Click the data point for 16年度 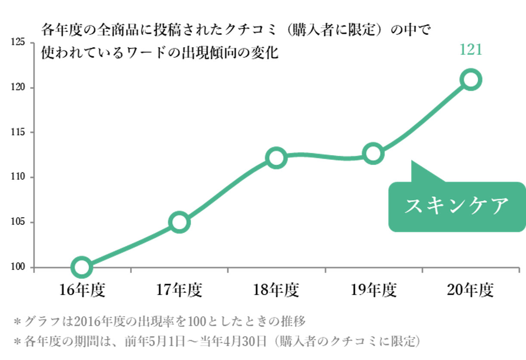pyautogui.click(x=81, y=267)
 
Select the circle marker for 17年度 pyautogui.click(x=179, y=222)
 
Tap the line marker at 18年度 pyautogui.click(x=276, y=158)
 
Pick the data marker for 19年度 pyautogui.click(x=373, y=154)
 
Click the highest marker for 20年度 pyautogui.click(x=470, y=80)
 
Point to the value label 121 pyautogui.click(x=470, y=49)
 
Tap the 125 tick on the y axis pyautogui.click(x=18, y=43)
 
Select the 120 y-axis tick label pyautogui.click(x=18, y=88)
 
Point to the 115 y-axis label pyautogui.click(x=18, y=132)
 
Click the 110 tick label pyautogui.click(x=18, y=177)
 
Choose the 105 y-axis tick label pyautogui.click(x=18, y=222)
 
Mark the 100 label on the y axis pyautogui.click(x=18, y=268)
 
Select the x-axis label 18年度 pyautogui.click(x=276, y=291)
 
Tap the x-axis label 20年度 pyautogui.click(x=470, y=291)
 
